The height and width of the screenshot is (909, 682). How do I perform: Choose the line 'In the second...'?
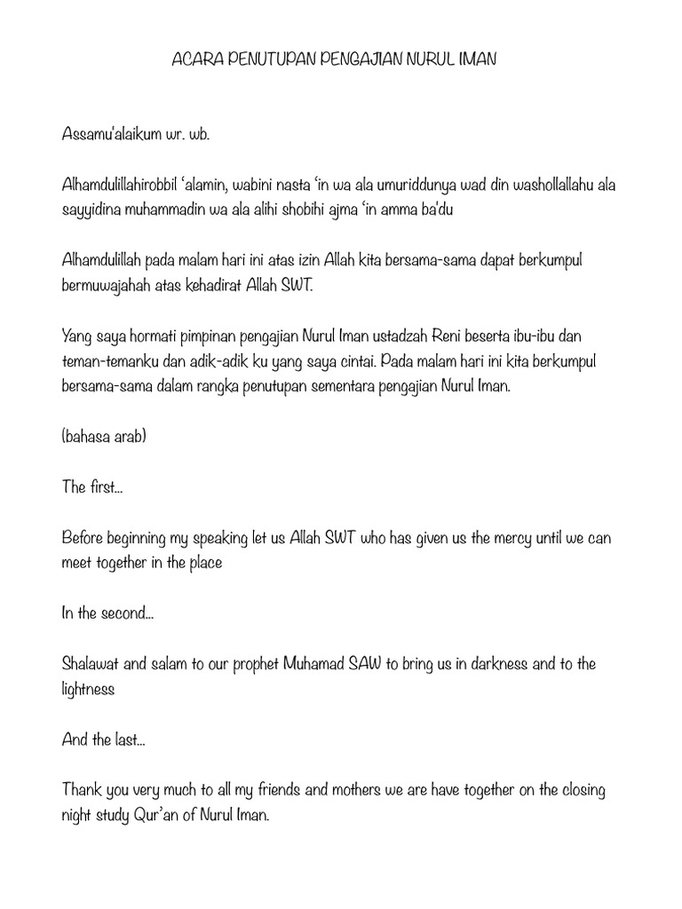[x=107, y=613]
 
